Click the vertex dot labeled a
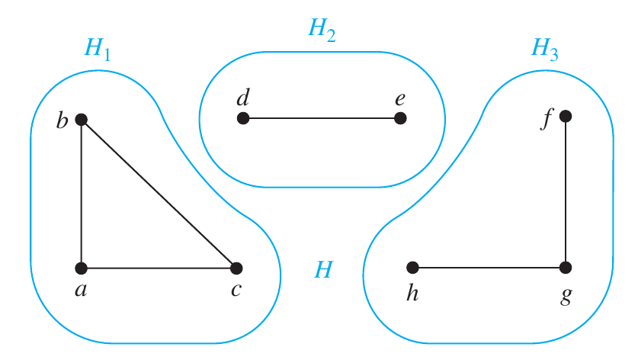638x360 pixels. [x=82, y=268]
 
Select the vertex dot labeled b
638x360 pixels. [x=82, y=120]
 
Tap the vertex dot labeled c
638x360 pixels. [x=236, y=268]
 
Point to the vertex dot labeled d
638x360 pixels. [x=243, y=118]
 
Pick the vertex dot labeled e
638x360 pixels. [x=400, y=118]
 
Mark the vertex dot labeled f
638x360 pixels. [x=566, y=116]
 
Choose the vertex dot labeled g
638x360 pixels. [x=566, y=268]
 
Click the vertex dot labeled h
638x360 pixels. [x=412, y=268]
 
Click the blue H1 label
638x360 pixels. [x=98, y=50]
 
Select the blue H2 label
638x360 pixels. [x=322, y=31]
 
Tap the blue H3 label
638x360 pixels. [x=545, y=50]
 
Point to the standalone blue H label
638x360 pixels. [x=324, y=269]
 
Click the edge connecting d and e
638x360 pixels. [x=322, y=118]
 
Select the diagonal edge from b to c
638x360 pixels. [x=159, y=194]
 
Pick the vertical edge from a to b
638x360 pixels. [x=82, y=194]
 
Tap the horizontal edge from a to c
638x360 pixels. [x=159, y=268]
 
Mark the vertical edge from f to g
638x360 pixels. [x=566, y=191]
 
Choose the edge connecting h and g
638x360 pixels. [x=489, y=268]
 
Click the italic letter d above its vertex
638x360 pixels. [x=243, y=98]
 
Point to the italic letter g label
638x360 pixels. [x=566, y=295]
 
